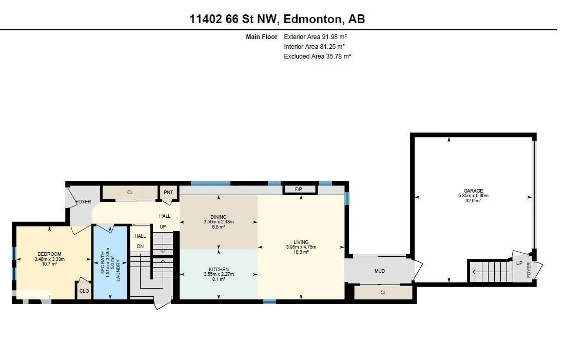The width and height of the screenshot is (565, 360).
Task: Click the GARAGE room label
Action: click(473, 191)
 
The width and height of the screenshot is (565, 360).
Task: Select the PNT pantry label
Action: click(168, 192)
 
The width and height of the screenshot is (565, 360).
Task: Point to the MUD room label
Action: click(380, 271)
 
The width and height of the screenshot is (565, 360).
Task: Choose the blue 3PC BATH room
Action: click(110, 262)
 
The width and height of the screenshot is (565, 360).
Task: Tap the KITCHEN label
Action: click(219, 270)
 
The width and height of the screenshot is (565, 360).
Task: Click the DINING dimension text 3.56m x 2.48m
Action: click(219, 222)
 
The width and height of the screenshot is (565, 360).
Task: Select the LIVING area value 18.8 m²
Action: click(301, 252)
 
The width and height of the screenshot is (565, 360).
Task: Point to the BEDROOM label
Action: click(50, 254)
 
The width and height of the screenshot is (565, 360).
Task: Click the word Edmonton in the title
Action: click(313, 19)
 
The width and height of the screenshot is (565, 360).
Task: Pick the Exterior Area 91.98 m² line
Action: click(315, 37)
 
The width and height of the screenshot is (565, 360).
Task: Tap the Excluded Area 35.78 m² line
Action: click(318, 56)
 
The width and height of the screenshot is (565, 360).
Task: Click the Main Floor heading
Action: click(262, 37)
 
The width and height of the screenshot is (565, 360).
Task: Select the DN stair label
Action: click(140, 247)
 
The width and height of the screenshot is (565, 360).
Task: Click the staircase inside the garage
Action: click(490, 271)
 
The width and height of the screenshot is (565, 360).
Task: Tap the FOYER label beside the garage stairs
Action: click(529, 270)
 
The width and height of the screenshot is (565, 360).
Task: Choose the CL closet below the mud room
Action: click(383, 293)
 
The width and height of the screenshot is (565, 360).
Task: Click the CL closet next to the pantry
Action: click(130, 193)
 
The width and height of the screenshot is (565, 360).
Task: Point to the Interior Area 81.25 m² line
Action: click(314, 47)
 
